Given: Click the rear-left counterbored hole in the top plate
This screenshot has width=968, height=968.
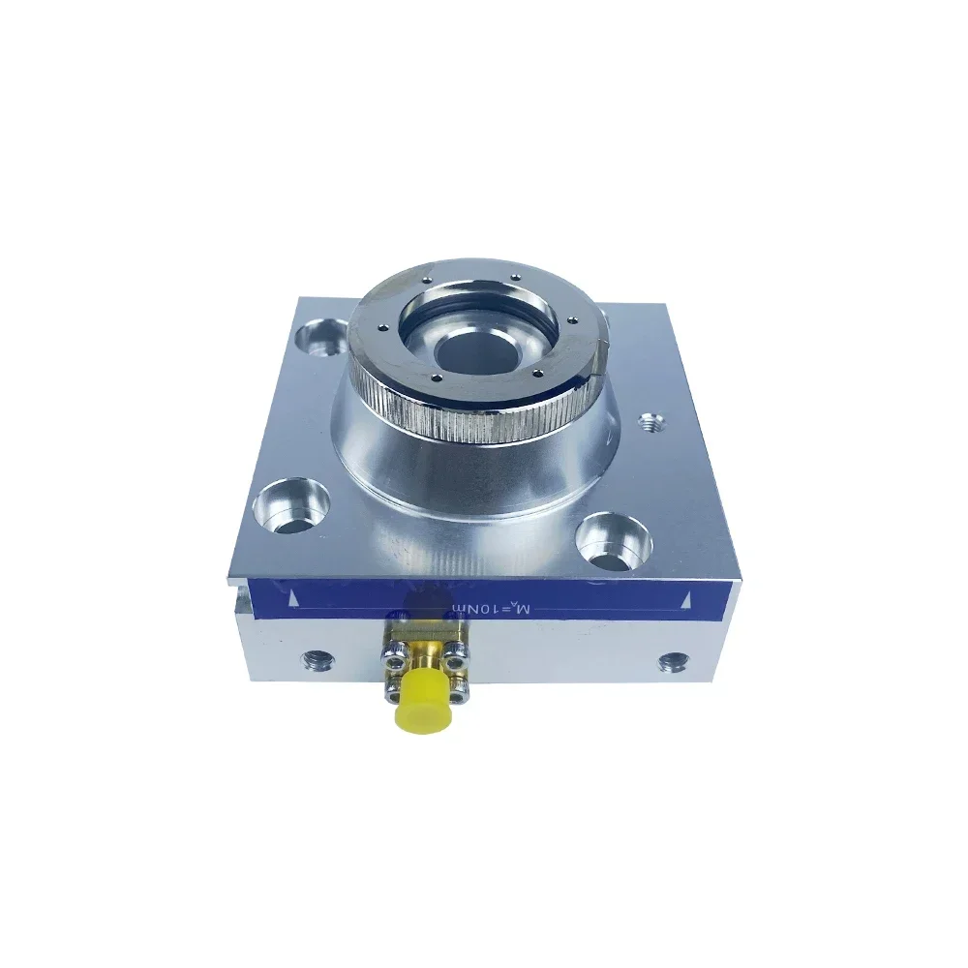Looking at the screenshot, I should click(x=318, y=338).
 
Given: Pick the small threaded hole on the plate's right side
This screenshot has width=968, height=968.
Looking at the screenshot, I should click(x=649, y=421).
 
